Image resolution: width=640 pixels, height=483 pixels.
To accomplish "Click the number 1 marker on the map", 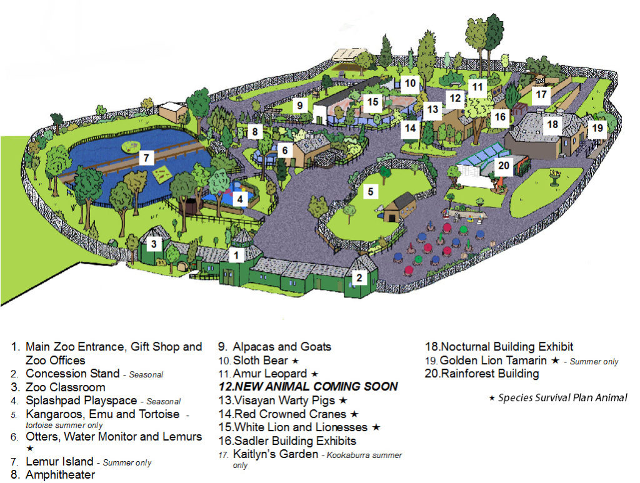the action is pyautogui.click(x=237, y=255).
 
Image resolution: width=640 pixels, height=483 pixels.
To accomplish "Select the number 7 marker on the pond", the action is pyautogui.click(x=146, y=158).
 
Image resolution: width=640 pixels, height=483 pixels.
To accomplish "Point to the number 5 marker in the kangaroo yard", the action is pyautogui.click(x=371, y=192).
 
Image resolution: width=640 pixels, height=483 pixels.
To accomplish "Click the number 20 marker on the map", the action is pyautogui.click(x=504, y=166).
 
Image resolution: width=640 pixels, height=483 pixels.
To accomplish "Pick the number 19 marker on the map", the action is pyautogui.click(x=597, y=128).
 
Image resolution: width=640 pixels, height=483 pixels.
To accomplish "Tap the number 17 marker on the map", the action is pyautogui.click(x=541, y=95).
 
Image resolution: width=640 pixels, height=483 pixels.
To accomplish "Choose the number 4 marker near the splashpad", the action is pyautogui.click(x=239, y=199).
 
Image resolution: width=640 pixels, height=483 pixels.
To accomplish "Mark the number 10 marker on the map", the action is pyautogui.click(x=409, y=82).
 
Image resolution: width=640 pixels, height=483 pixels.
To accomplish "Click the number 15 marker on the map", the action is pyautogui.click(x=373, y=101).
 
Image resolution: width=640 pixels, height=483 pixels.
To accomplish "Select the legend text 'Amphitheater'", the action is pyautogui.click(x=60, y=475).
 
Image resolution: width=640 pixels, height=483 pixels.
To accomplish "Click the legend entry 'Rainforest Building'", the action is pyautogui.click(x=489, y=374).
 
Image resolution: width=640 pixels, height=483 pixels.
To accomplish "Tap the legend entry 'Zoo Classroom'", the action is pyautogui.click(x=65, y=387).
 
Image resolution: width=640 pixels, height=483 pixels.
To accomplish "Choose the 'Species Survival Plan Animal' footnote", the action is pyautogui.click(x=562, y=398).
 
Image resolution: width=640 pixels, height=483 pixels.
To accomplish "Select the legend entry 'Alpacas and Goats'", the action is pyautogui.click(x=282, y=347).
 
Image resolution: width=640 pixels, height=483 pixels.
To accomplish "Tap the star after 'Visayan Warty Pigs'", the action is pyautogui.click(x=343, y=400).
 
